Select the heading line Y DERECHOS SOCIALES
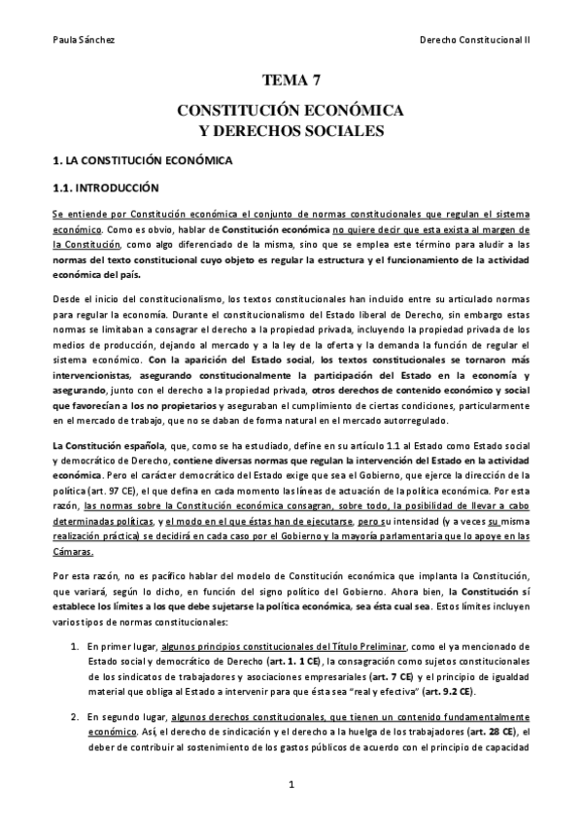click(x=290, y=129)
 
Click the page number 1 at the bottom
click(x=291, y=781)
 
